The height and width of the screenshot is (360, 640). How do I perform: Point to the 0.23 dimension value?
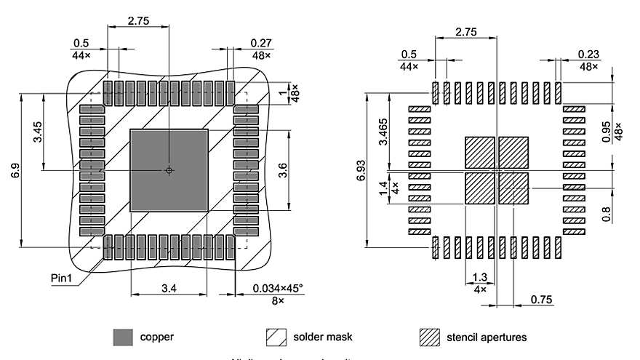point(588,55)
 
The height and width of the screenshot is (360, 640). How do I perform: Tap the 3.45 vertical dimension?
point(37,132)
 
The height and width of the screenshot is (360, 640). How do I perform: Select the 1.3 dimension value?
point(479,276)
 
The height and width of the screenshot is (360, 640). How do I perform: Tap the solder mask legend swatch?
point(276,337)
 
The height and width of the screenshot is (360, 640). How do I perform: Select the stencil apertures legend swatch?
point(429,337)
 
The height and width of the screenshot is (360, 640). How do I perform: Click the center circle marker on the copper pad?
point(169,170)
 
